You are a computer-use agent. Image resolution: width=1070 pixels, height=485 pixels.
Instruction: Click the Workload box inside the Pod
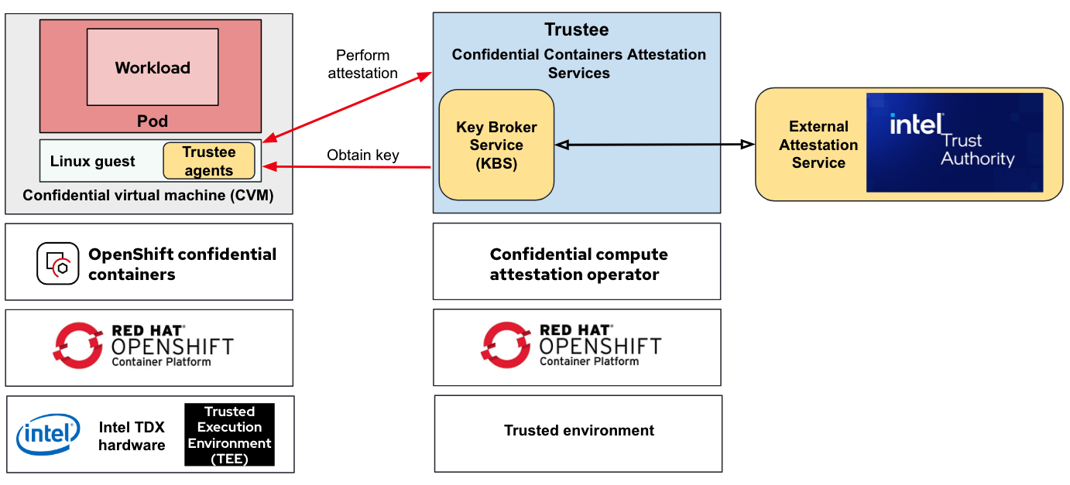pyautogui.click(x=152, y=67)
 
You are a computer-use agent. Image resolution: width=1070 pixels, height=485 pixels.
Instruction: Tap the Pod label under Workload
pyautogui.click(x=152, y=121)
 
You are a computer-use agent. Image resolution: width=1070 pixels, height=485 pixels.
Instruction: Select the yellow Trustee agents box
pyautogui.click(x=208, y=161)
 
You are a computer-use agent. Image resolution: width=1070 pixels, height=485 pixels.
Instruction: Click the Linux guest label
pyautogui.click(x=92, y=162)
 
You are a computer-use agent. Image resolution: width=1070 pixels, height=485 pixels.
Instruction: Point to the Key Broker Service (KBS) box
pyautogui.click(x=496, y=145)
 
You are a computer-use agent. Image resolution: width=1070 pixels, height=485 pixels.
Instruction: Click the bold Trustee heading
pyautogui.click(x=576, y=30)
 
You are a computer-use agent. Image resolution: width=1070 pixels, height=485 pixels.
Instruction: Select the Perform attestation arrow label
pyautogui.click(x=362, y=64)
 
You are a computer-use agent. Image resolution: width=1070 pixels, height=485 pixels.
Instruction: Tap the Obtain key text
pyautogui.click(x=362, y=155)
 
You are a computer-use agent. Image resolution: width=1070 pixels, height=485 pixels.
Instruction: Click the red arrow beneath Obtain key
pyautogui.click(x=348, y=166)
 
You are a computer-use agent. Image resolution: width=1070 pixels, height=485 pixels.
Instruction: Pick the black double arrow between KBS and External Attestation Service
pyautogui.click(x=654, y=145)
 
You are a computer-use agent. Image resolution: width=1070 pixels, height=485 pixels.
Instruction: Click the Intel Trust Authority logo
pyautogui.click(x=954, y=142)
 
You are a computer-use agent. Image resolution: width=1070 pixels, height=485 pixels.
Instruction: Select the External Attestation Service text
pyautogui.click(x=818, y=145)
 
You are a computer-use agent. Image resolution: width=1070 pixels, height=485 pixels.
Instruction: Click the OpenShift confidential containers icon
pyautogui.click(x=58, y=263)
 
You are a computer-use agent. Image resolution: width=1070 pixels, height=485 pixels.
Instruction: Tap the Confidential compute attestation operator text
pyautogui.click(x=578, y=264)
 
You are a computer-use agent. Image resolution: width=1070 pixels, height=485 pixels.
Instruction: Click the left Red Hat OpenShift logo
pyautogui.click(x=144, y=345)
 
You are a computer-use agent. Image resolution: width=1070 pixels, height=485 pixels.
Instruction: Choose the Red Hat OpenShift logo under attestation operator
pyautogui.click(x=572, y=345)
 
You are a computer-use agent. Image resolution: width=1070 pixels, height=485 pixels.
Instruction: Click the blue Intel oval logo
pyautogui.click(x=48, y=435)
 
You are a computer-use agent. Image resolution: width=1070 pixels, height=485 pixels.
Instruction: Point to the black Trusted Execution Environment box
pyautogui.click(x=229, y=435)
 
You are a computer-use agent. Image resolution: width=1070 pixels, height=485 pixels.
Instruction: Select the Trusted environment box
pyautogui.click(x=578, y=431)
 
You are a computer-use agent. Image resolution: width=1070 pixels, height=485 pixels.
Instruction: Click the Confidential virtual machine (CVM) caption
pyautogui.click(x=148, y=196)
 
